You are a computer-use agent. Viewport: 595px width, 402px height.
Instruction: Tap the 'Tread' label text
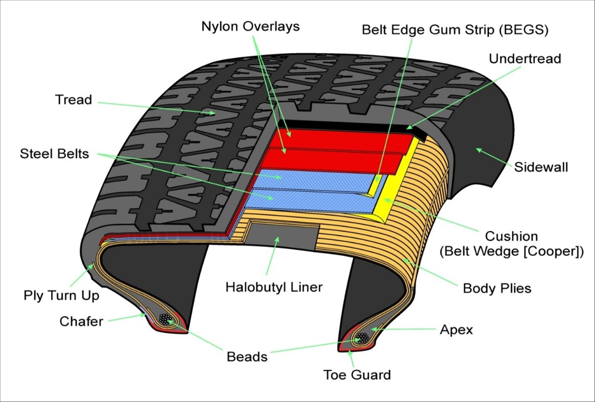point(74,100)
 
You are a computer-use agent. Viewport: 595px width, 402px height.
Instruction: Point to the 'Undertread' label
point(525,59)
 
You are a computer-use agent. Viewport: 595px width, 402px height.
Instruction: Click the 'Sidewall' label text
point(541,167)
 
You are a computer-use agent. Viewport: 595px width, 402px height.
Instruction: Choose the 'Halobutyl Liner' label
point(274,287)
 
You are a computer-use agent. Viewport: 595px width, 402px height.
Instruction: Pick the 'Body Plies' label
point(497,288)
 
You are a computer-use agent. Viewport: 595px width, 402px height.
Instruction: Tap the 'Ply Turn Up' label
point(61,295)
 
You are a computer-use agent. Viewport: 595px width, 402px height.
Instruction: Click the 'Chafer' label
point(81,322)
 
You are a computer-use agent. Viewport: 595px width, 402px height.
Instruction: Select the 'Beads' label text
point(247,356)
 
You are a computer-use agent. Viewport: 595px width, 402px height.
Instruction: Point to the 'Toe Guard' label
point(357,375)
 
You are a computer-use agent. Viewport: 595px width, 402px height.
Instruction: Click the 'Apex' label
point(456,329)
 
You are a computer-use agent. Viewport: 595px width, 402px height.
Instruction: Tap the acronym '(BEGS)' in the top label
point(523,30)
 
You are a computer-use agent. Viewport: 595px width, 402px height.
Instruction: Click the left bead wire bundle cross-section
point(165,319)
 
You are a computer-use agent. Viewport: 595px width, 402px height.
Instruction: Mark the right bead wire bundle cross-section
point(363,338)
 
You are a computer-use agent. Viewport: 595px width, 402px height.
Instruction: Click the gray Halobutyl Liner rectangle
point(284,236)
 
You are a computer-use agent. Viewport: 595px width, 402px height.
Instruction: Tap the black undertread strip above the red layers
point(346,124)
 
